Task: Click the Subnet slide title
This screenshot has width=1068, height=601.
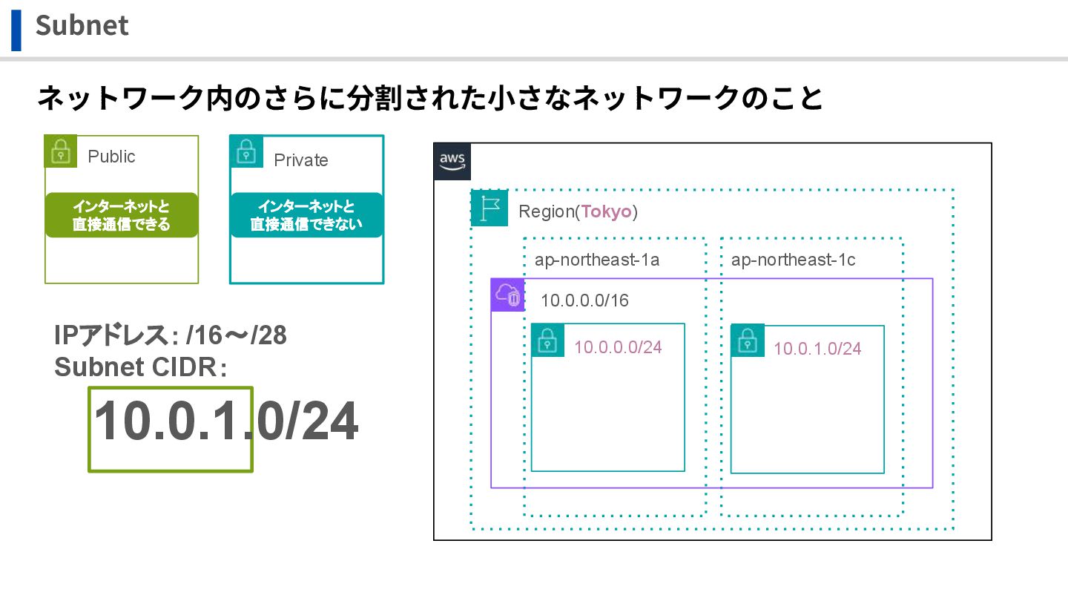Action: [82, 26]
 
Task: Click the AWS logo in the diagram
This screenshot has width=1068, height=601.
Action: [452, 161]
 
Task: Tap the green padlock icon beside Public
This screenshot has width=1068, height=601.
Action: [61, 152]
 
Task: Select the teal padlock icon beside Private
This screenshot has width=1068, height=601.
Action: [246, 151]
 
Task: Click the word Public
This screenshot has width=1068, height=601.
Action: [111, 157]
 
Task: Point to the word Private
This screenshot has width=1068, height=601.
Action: [300, 160]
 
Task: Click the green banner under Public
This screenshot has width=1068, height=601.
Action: [122, 215]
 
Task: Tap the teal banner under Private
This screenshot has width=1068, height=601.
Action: [306, 215]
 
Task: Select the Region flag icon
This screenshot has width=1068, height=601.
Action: [489, 208]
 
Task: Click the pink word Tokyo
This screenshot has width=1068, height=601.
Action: [606, 211]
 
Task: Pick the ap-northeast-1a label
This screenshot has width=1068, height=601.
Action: [597, 260]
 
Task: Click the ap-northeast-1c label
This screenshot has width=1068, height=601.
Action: [793, 260]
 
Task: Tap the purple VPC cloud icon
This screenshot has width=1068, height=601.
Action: [508, 295]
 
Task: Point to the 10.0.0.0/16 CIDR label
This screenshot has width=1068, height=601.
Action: [584, 300]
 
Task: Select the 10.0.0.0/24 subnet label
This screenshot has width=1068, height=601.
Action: [618, 347]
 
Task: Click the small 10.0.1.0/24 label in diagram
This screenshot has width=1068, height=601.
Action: [817, 349]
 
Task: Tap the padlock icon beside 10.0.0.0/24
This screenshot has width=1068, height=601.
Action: [548, 341]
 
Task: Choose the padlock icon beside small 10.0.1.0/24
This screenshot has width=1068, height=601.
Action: [748, 341]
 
